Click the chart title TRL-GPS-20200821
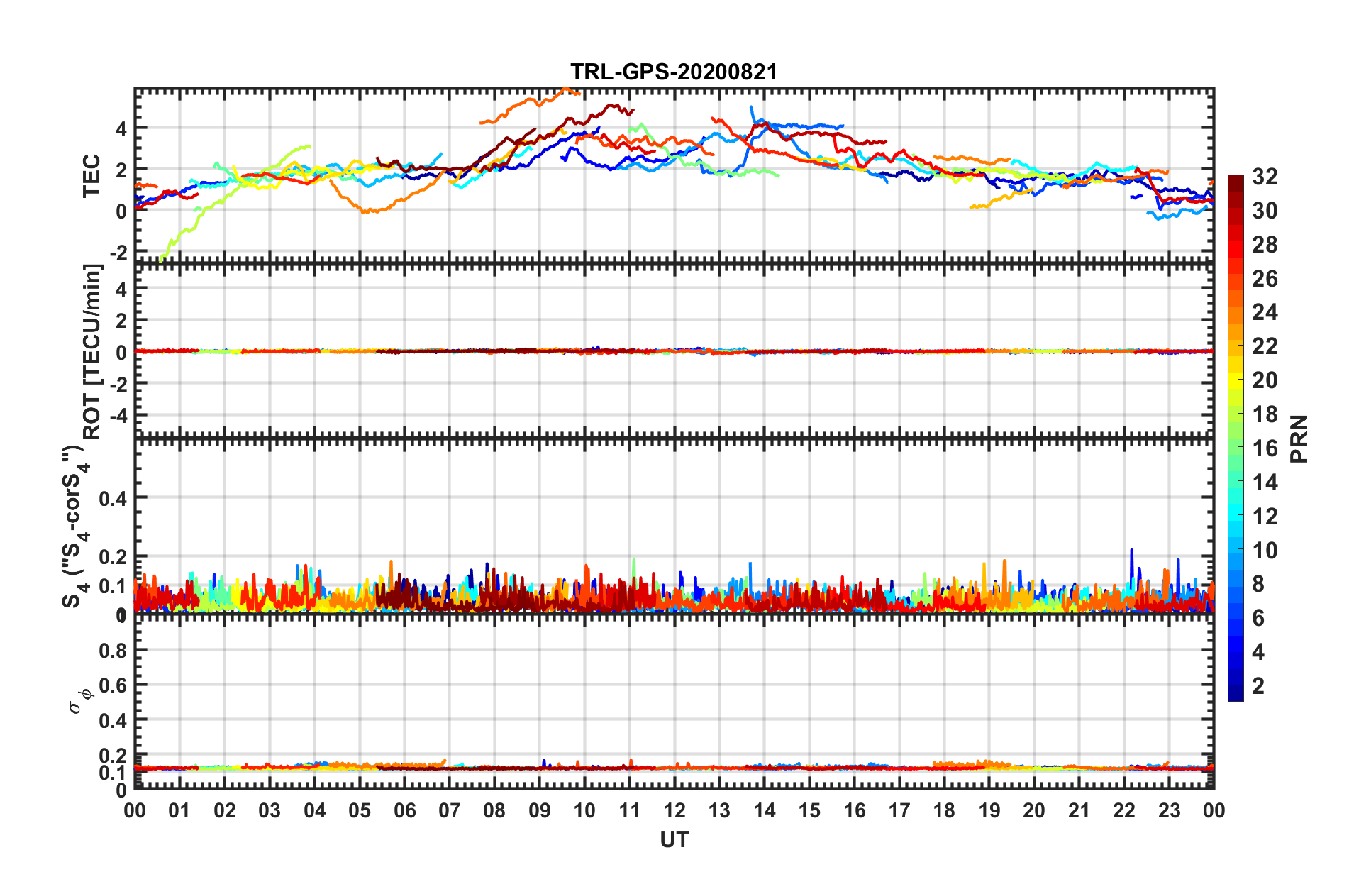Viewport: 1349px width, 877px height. click(x=674, y=72)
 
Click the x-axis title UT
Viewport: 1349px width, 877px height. click(x=674, y=840)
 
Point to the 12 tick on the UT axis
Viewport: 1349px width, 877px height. click(x=674, y=810)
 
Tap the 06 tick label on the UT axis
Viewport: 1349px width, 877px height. click(x=404, y=810)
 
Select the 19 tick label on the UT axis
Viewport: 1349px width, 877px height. click(x=989, y=810)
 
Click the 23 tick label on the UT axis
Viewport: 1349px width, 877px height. click(x=1169, y=810)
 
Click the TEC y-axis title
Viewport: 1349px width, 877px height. click(x=92, y=177)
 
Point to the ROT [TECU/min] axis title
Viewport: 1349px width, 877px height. click(x=92, y=352)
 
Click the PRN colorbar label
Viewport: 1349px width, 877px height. click(x=1299, y=439)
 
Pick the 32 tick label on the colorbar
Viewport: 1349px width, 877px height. click(x=1265, y=177)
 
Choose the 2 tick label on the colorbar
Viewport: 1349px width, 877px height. click(x=1258, y=685)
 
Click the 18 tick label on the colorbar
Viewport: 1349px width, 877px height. click(x=1265, y=414)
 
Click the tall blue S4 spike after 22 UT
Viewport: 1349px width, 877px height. click(x=1131, y=551)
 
